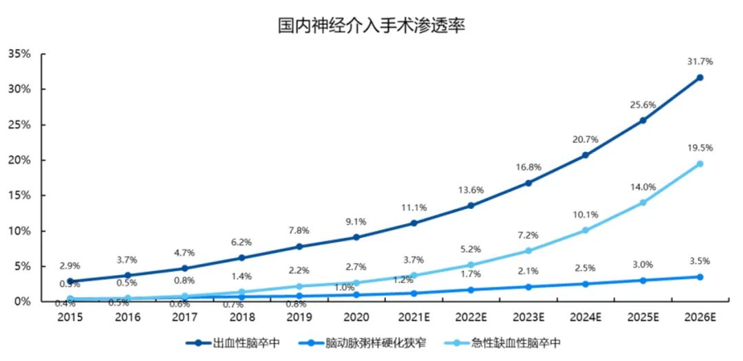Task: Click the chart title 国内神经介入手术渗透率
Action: click(371, 27)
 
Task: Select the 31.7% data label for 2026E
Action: click(700, 61)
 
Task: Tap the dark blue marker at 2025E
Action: click(643, 120)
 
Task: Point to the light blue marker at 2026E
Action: click(700, 164)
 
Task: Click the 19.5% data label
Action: click(700, 148)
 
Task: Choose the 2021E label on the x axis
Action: click(414, 317)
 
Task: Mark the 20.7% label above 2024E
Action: click(585, 139)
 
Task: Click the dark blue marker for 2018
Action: click(241, 258)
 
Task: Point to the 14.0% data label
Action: click(643, 186)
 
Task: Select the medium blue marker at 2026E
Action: click(700, 277)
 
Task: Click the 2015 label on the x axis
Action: click(70, 317)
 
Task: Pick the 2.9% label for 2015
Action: click(70, 265)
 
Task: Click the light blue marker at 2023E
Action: click(528, 251)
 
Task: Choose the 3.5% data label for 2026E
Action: click(700, 261)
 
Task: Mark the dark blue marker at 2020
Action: click(356, 237)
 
